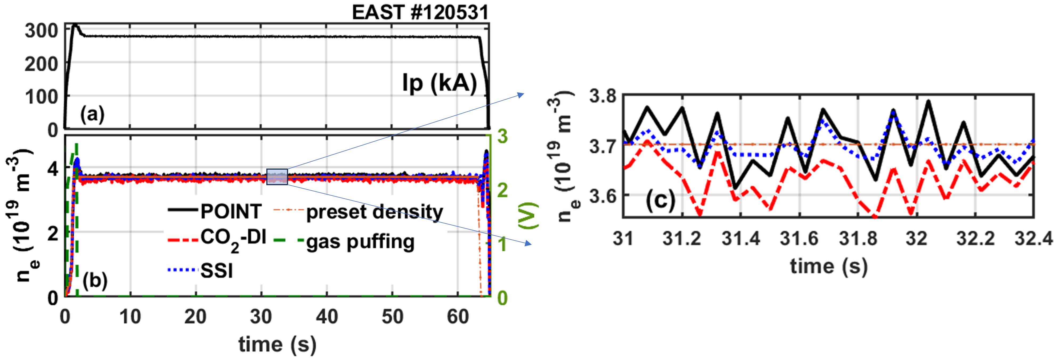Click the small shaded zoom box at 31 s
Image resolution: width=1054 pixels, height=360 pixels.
[x=277, y=177]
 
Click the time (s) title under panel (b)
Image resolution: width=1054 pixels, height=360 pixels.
[x=277, y=345]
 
